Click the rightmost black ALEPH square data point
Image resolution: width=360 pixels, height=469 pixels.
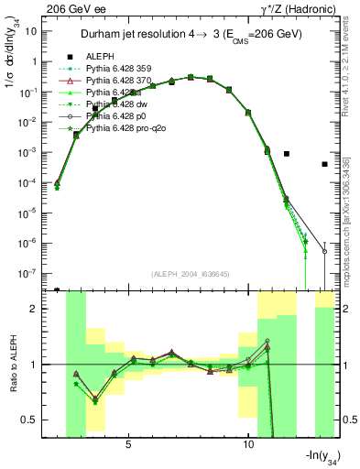pyautogui.click(x=324, y=165)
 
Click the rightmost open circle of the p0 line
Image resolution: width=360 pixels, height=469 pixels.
pyautogui.click(x=324, y=251)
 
